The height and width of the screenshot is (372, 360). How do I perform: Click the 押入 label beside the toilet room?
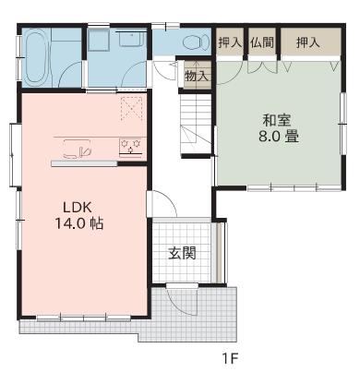pyautogui.click(x=229, y=42)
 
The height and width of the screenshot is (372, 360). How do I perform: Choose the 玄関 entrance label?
pyautogui.click(x=181, y=254)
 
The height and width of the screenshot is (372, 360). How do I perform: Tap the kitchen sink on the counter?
pyautogui.click(x=78, y=149)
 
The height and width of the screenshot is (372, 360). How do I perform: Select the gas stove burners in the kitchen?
pyautogui.click(x=129, y=147)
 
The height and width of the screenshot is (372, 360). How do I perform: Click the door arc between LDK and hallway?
pyautogui.click(x=159, y=201)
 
